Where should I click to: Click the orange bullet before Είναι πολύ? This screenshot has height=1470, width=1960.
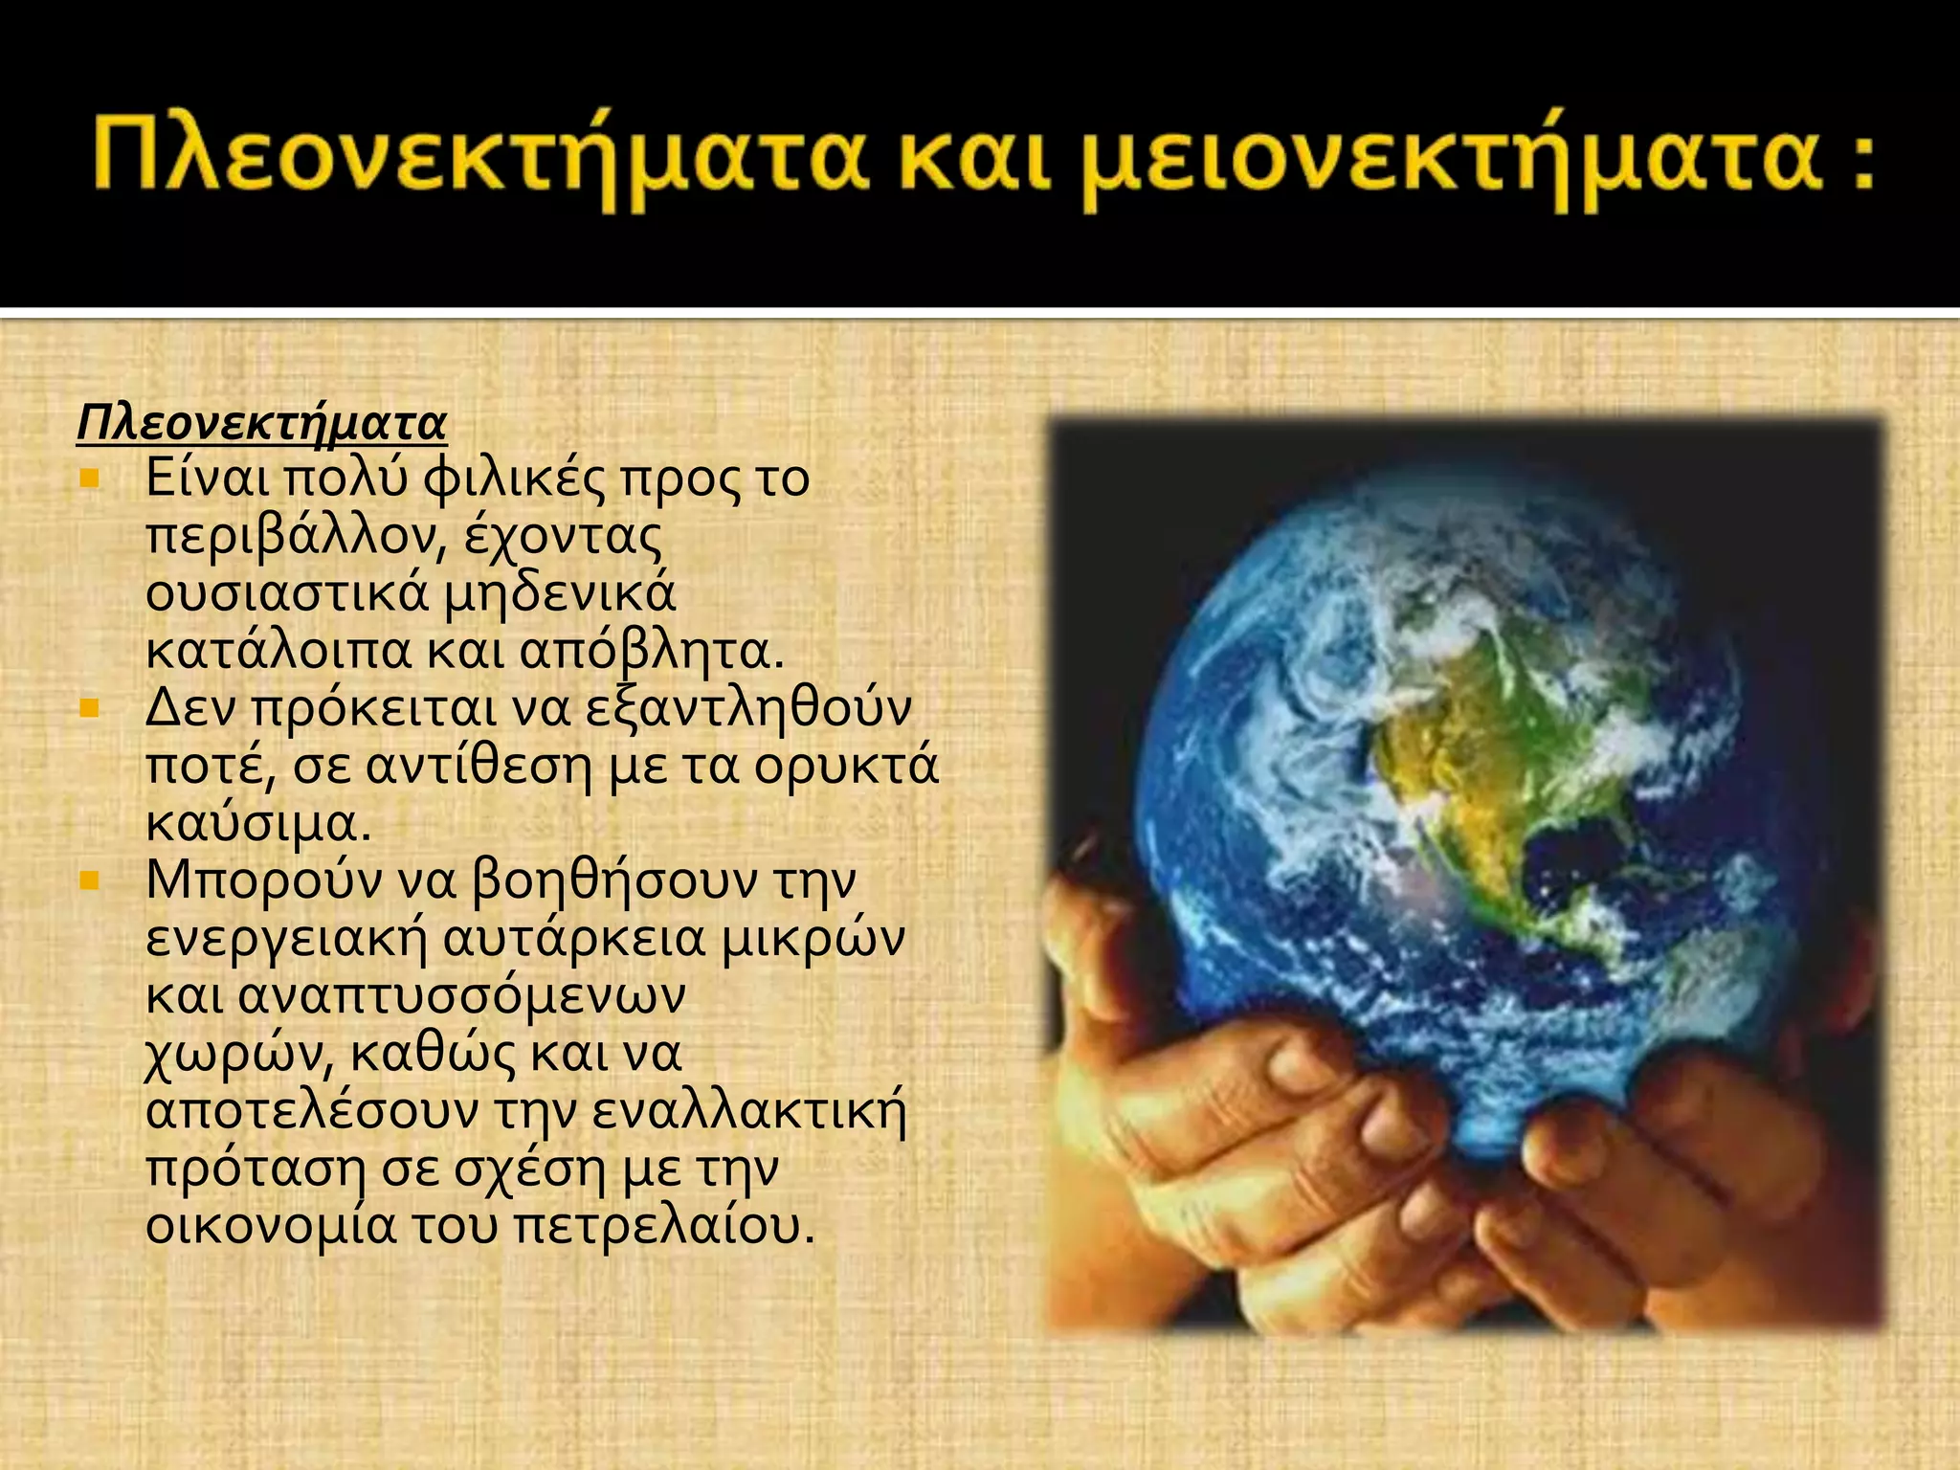[90, 478]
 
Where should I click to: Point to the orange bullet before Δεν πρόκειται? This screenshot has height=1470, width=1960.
[90, 708]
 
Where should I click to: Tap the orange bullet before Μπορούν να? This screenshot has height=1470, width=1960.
[90, 880]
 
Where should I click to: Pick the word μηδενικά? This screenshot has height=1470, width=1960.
[560, 594]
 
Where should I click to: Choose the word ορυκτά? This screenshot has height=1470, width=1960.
[846, 767]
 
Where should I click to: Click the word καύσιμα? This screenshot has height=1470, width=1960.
[256, 824]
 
